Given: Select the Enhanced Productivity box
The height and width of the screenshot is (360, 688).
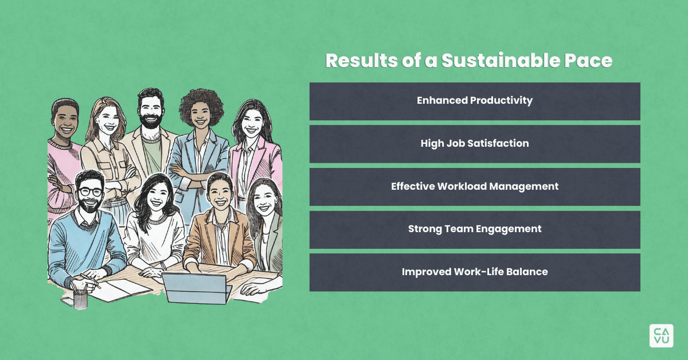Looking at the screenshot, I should [475, 101].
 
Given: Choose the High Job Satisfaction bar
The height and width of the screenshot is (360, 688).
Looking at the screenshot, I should [475, 144].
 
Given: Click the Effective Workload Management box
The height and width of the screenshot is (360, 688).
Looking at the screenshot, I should [475, 186].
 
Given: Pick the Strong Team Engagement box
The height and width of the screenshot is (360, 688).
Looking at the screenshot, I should [475, 229].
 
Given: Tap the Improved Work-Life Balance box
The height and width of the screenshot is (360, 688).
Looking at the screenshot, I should [475, 272].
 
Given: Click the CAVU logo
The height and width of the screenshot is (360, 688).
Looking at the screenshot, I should [661, 335].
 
